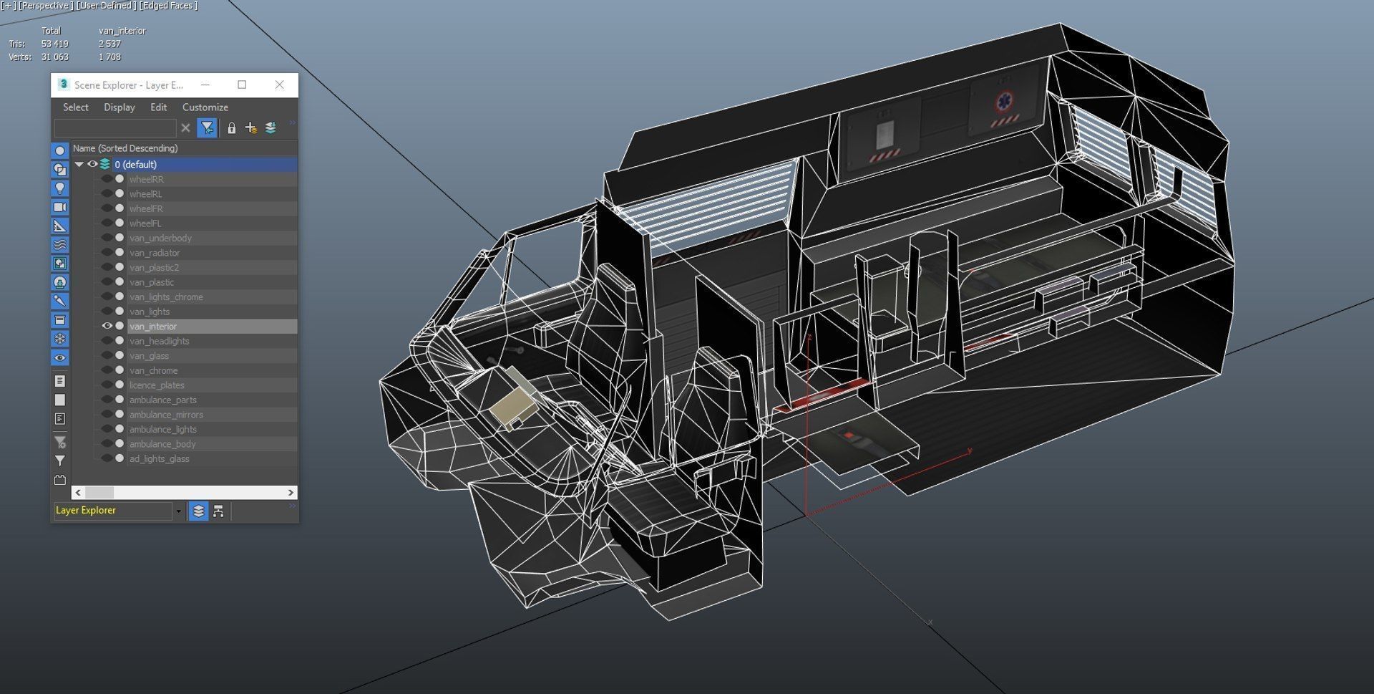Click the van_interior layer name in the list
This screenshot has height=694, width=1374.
point(153,326)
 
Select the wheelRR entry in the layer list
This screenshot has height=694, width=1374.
point(146,179)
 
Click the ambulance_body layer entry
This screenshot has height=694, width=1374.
point(162,444)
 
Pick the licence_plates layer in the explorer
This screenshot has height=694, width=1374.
point(157,385)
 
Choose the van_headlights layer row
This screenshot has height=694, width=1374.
point(159,341)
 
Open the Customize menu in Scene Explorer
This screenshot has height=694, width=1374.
point(205,107)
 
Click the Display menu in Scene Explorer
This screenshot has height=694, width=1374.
point(119,107)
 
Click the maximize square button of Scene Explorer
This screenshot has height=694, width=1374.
point(242,85)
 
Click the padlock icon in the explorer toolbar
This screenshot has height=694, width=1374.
point(231,128)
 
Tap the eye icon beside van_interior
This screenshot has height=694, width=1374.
point(107,326)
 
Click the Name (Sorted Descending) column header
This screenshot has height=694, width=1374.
point(125,148)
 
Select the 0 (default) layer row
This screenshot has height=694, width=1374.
point(135,164)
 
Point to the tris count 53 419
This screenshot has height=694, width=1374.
point(55,44)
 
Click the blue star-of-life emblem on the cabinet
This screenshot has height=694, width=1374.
point(1004,102)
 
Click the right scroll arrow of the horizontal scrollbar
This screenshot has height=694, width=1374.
point(291,493)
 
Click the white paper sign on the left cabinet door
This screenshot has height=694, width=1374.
point(885,134)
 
